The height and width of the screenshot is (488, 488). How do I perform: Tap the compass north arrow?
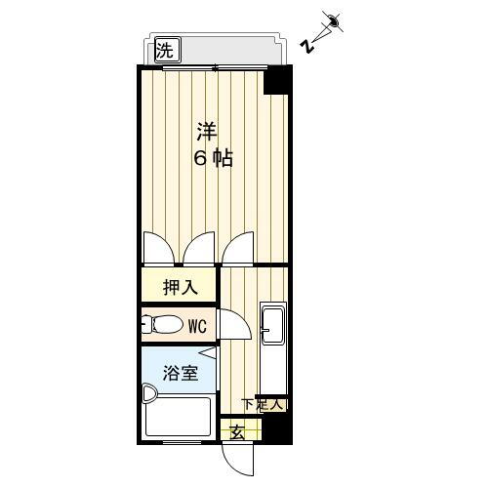coord(333,20)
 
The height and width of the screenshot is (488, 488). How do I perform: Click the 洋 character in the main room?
coord(206,130)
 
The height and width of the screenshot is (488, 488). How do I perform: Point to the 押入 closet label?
coord(180,288)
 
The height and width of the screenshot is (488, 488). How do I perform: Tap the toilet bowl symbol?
coord(163,324)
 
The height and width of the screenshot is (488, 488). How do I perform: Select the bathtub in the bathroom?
coord(178,419)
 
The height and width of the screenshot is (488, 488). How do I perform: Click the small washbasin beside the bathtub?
coord(149,393)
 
